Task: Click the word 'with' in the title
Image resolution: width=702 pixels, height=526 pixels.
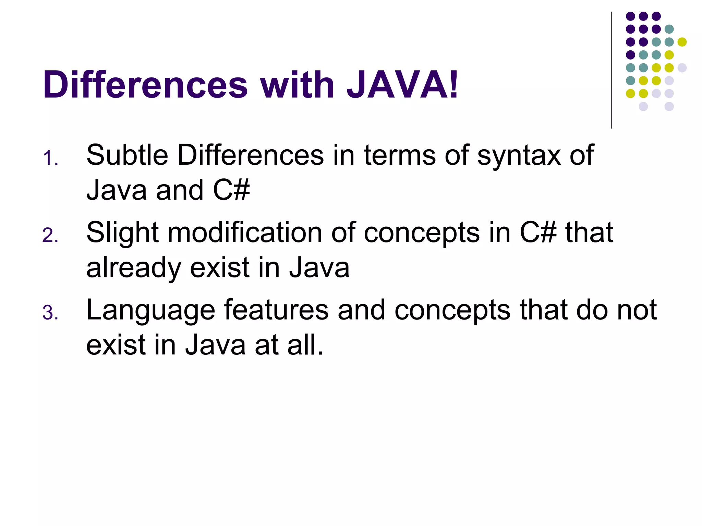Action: tap(297, 85)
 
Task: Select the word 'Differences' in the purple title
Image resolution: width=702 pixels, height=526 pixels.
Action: tap(145, 85)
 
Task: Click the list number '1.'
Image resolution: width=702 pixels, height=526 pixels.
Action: tap(50, 159)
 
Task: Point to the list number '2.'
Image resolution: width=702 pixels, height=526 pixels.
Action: tap(50, 236)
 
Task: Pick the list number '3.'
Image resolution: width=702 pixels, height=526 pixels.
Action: tap(50, 313)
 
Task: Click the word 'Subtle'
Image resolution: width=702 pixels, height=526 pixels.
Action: tap(127, 155)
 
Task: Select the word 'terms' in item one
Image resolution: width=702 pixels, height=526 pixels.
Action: tap(400, 155)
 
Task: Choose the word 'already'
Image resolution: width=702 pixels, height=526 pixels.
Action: tap(133, 268)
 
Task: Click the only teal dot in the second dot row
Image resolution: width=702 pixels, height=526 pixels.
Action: tap(669, 29)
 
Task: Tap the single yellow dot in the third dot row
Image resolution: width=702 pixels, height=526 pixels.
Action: tap(682, 42)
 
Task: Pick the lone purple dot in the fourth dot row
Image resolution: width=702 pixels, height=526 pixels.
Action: tap(630, 55)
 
